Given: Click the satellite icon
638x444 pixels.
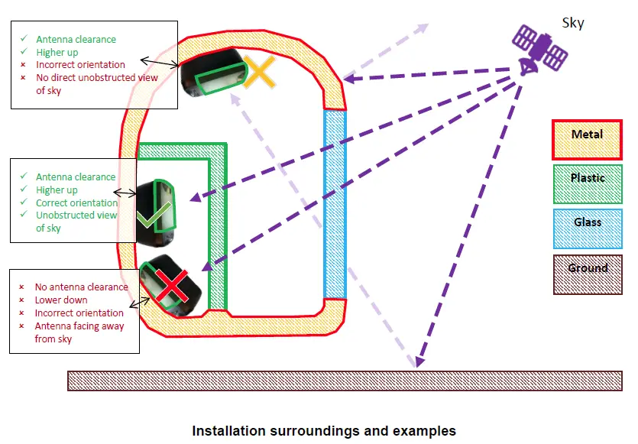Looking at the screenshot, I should (539, 50).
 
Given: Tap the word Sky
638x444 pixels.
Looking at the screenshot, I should (572, 23).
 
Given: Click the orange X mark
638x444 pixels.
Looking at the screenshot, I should (259, 73).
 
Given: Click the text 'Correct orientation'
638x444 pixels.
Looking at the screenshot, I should (76, 203).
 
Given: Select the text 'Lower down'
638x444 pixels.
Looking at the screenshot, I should (61, 300).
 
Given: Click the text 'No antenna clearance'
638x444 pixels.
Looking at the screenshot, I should (82, 287).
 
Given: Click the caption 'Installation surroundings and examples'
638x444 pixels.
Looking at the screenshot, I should (324, 431).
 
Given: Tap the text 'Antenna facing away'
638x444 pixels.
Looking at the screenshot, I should (79, 326).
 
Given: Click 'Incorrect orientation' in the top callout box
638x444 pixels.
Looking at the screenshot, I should (80, 65).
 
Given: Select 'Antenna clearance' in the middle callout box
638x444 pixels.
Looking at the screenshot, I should (76, 177).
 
